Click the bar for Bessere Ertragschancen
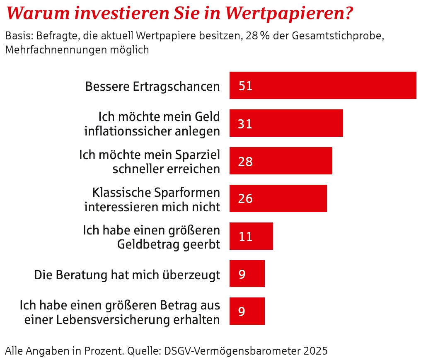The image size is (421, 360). pyautogui.click(x=323, y=85)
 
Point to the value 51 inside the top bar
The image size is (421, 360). pyautogui.click(x=245, y=86)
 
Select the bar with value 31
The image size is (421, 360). pyautogui.click(x=286, y=123)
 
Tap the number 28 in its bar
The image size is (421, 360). pyautogui.click(x=245, y=162)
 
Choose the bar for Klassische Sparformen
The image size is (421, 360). pyautogui.click(x=278, y=198)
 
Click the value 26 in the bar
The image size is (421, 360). pyautogui.click(x=245, y=199)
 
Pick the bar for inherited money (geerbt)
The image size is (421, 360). pyautogui.click(x=251, y=236)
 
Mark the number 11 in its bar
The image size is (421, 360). pyautogui.click(x=246, y=237)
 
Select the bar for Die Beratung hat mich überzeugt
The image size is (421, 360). pyautogui.click(x=247, y=273)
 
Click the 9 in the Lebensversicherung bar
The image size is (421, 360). pyautogui.click(x=242, y=311)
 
